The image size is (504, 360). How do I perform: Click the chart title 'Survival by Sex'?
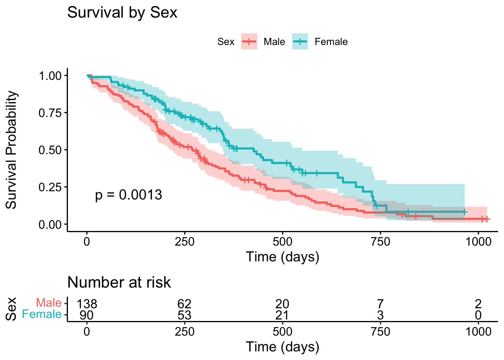122,13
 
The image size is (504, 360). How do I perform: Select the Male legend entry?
274,42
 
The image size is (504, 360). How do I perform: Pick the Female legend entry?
331,42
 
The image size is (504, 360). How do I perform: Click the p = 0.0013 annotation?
128,195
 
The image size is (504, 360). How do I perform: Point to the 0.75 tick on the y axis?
50,112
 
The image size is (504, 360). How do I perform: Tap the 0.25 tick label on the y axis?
50,187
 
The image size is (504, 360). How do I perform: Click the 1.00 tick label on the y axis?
50,75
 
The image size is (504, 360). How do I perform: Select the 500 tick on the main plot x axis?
282,241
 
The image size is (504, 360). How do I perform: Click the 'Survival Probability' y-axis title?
11,150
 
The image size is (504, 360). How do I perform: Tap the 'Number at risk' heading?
119,282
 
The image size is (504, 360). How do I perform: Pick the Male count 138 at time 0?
87,304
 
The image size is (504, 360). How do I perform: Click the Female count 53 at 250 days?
184,315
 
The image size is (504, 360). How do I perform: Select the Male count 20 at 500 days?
282,304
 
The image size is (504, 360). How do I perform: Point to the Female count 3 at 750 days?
380,315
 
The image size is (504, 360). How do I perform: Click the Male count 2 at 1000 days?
478,304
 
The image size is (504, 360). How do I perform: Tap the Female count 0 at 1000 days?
478,315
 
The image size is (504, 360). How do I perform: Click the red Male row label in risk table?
49,303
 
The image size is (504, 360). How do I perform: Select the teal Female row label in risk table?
42,314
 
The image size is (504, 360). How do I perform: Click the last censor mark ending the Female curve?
465,212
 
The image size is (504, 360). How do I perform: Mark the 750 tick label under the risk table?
380,331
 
